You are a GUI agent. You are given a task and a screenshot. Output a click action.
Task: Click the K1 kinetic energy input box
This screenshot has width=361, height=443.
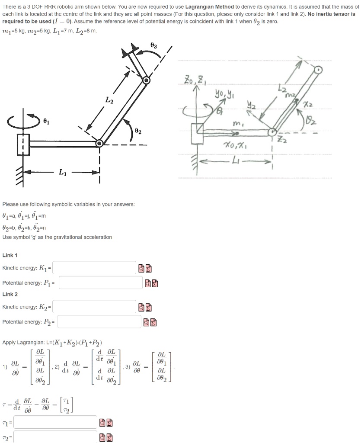coord(95,268)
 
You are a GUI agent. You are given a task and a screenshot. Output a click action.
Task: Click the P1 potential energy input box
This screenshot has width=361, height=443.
coord(100,283)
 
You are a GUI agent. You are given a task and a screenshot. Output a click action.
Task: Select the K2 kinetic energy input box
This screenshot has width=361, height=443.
coord(95,307)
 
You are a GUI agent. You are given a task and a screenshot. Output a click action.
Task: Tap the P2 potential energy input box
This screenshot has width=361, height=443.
coord(99,322)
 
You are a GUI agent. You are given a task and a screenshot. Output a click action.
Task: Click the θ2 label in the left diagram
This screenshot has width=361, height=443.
coord(138,130)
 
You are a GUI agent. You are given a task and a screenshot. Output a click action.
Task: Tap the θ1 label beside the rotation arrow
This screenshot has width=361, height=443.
coord(46,122)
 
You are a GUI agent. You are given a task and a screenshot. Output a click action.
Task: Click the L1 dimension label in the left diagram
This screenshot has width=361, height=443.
coord(63,173)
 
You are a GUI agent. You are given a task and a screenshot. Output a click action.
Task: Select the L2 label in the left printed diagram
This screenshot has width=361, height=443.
coord(109,100)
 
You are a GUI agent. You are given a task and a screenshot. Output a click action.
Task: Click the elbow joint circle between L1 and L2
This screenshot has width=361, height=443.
coord(100,143)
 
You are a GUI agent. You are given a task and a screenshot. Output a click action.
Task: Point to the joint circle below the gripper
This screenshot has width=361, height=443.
coord(147,80)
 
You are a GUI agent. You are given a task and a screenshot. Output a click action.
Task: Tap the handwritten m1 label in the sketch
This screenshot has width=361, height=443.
coord(236,124)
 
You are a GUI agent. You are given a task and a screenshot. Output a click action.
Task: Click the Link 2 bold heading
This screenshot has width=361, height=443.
coord(10,294)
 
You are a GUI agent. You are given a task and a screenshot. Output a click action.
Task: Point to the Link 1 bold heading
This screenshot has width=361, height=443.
coord(10,256)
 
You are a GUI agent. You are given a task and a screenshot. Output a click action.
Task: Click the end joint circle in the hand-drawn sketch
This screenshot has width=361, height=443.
coord(318,69)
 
